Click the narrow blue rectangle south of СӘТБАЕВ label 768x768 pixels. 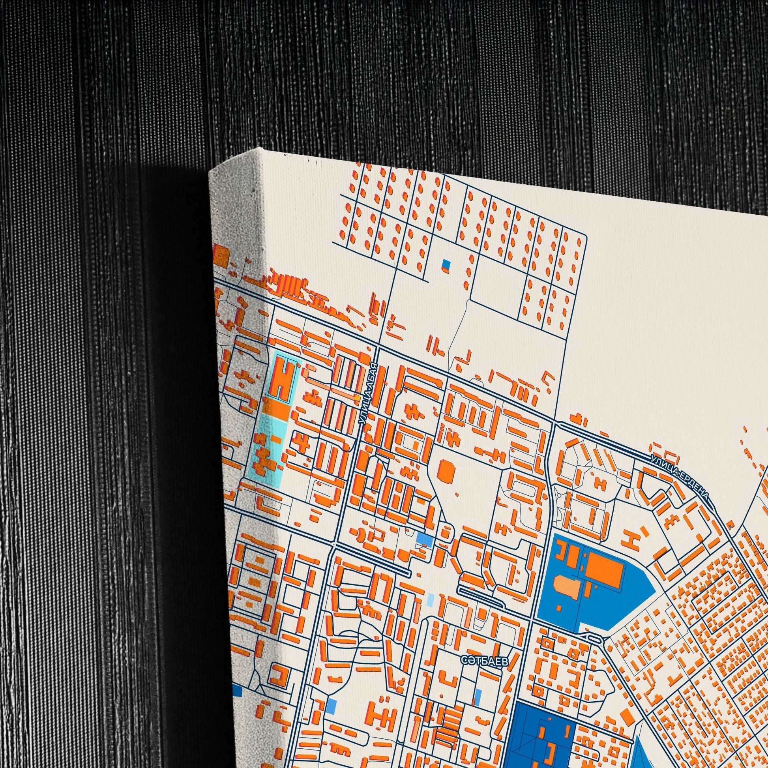pyautogui.click(x=478, y=698)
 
